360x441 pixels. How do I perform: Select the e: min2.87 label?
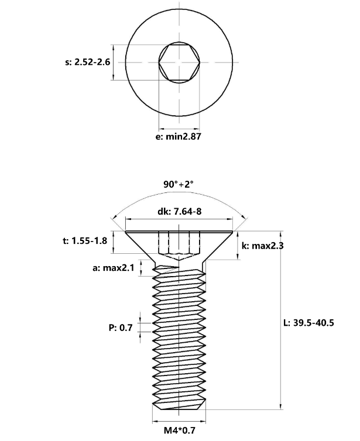[x=179, y=137]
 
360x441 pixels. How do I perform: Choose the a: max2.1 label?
[x=114, y=268]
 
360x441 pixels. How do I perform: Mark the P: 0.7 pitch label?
[x=121, y=328]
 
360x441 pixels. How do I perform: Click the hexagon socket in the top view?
[x=180, y=62]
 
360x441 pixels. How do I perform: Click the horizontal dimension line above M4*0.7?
[x=179, y=420]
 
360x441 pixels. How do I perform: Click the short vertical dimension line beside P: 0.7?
[x=139, y=328]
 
